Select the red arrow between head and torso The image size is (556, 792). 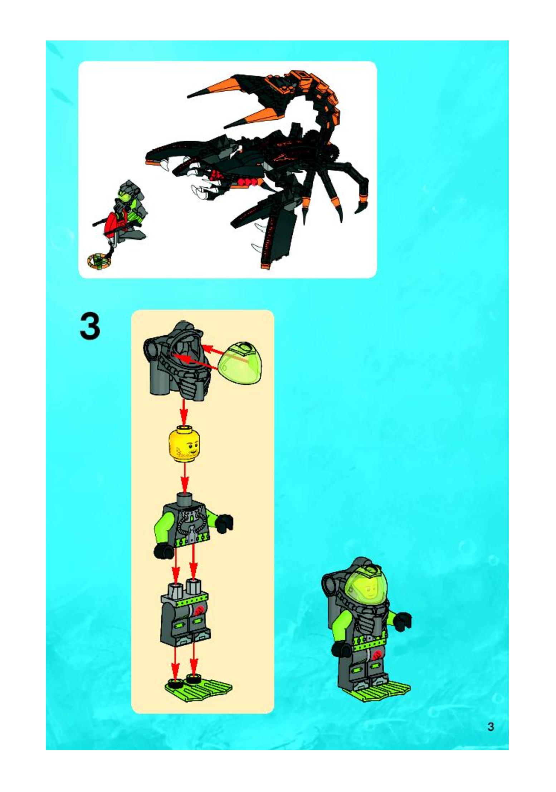tap(184, 478)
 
